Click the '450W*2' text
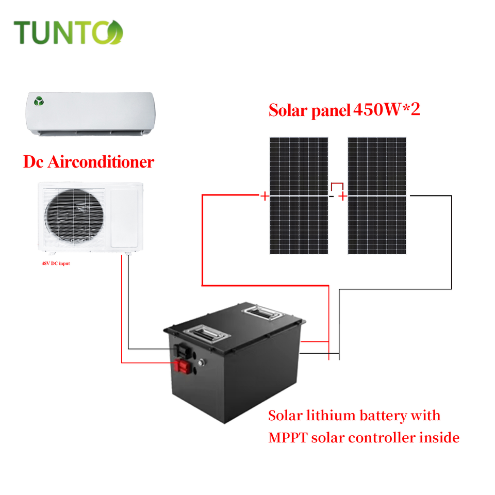click(387, 109)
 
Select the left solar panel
click(299, 195)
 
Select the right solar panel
click(377, 195)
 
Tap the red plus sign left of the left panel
click(265, 196)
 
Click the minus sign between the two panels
click(332, 196)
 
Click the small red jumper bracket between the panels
click(337, 186)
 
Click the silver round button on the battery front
click(203, 362)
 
